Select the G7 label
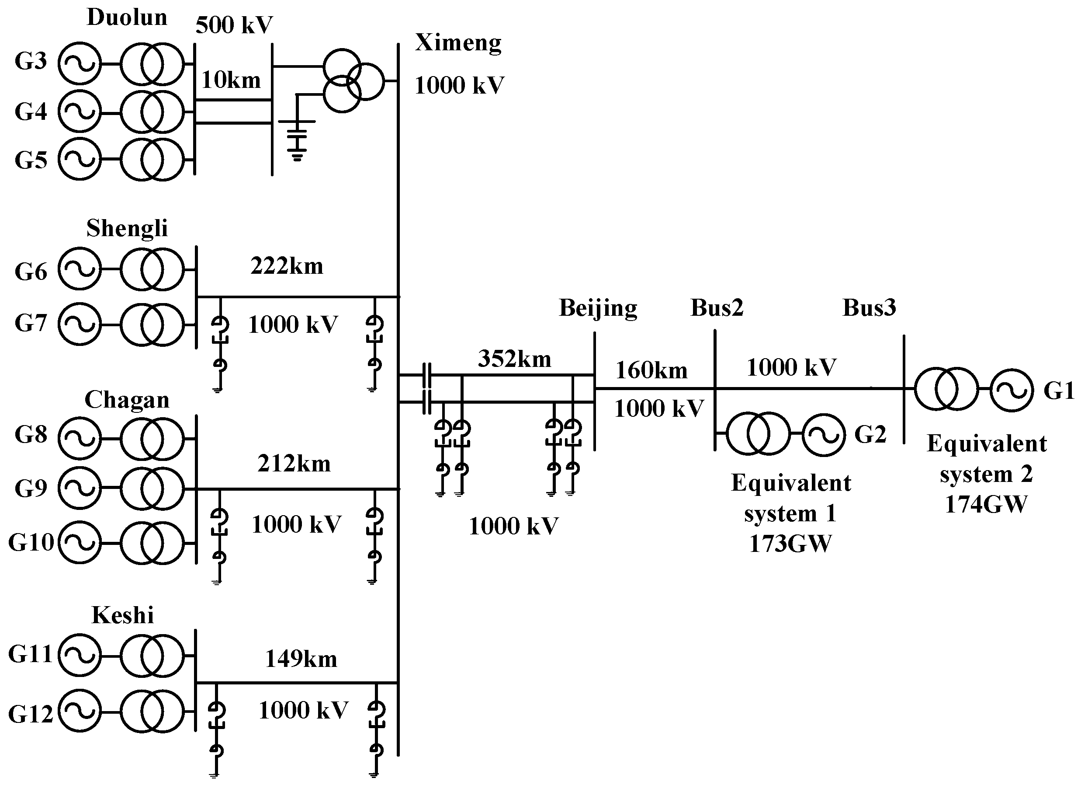pos(31,323)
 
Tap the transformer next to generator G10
pos(152,543)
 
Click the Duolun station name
pos(127,17)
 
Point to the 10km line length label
pos(231,80)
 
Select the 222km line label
pos(287,265)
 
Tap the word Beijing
pos(598,307)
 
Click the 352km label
pos(514,359)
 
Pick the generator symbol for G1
pos(1012,390)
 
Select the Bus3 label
pos(869,307)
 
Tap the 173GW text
pos(790,543)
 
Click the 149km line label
pos(301,659)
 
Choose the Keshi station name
pos(122,615)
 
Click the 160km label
pos(651,370)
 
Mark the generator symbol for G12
pos(80,711)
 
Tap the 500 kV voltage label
pos(234,25)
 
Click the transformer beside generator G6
pos(152,269)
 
